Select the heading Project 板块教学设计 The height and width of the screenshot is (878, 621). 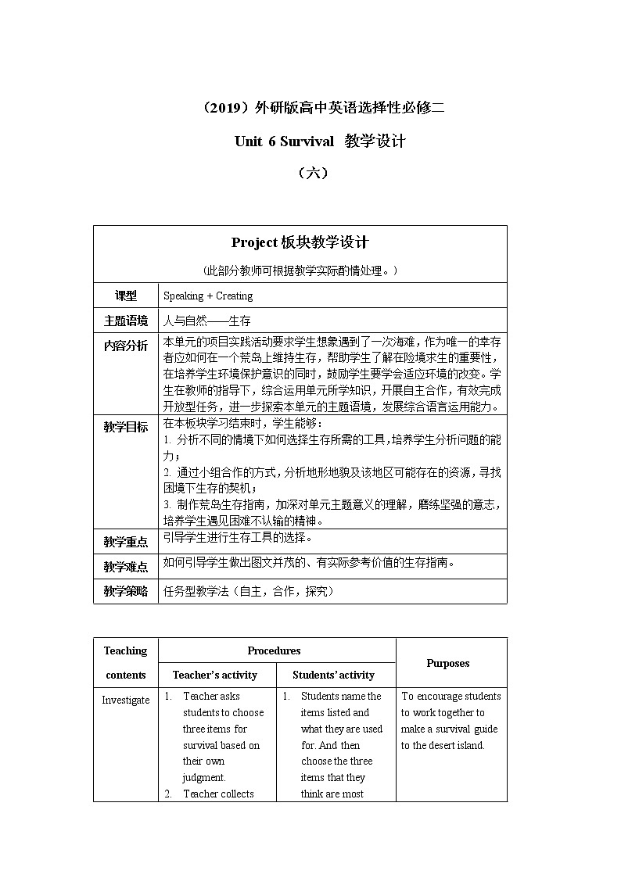pos(300,242)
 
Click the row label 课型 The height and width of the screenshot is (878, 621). pos(125,296)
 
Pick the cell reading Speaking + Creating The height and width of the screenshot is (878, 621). pos(208,296)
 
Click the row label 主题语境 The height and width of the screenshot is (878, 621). pos(125,321)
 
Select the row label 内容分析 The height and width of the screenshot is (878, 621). pos(125,346)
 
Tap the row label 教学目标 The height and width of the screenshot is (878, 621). pos(125,427)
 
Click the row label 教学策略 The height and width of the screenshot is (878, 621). pos(125,592)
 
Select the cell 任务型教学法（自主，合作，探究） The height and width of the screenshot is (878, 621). pos(249,592)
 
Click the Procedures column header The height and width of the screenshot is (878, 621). pos(274,650)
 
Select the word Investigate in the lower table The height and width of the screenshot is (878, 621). pos(125,700)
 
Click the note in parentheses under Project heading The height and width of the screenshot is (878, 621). pos(300,271)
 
